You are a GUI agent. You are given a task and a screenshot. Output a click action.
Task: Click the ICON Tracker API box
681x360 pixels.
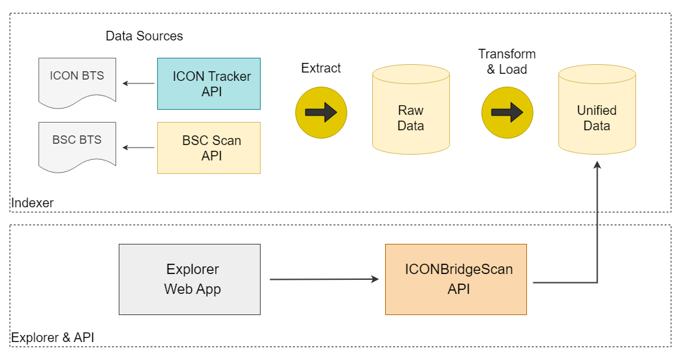click(x=209, y=83)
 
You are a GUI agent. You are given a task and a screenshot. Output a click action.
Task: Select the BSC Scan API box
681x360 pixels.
click(x=209, y=148)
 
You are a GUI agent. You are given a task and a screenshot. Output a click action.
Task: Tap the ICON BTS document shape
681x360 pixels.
click(x=77, y=80)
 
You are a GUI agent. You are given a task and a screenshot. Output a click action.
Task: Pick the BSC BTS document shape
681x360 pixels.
click(x=77, y=144)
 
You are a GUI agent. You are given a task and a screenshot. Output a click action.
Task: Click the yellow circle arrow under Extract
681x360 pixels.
click(x=321, y=112)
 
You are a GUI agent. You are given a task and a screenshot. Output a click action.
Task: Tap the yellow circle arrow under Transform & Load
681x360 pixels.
click(x=507, y=112)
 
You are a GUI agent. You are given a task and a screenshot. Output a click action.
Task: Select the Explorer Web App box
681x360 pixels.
click(x=190, y=279)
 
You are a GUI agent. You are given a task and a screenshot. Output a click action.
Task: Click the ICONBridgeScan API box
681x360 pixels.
click(x=456, y=279)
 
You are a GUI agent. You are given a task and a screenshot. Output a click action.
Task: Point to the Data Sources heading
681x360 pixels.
click(x=144, y=36)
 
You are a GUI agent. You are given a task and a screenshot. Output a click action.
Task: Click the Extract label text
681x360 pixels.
click(x=321, y=68)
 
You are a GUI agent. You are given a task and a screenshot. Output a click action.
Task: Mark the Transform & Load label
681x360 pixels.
click(x=507, y=62)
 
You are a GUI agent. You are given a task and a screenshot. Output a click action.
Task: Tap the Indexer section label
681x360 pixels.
click(x=33, y=203)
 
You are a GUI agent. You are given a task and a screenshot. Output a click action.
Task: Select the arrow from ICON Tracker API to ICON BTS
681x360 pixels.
click(x=139, y=83)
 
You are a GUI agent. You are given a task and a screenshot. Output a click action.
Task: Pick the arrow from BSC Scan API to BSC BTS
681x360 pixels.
click(x=139, y=148)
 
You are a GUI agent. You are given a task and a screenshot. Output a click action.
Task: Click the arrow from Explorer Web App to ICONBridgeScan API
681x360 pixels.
click(x=324, y=279)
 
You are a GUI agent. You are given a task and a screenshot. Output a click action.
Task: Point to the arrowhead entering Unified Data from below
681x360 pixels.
click(x=598, y=166)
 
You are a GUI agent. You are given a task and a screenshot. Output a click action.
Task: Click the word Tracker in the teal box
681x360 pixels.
click(x=229, y=76)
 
